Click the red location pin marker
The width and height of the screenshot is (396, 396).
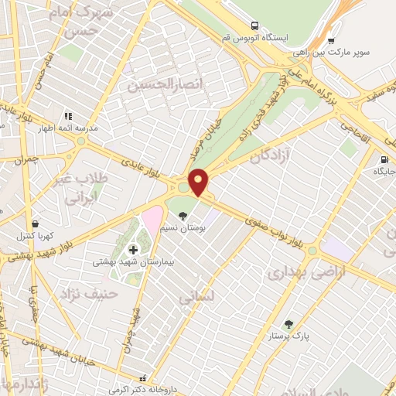199,182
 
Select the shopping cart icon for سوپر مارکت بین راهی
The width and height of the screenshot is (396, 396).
331,41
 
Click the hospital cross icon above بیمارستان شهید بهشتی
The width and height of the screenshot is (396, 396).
133,249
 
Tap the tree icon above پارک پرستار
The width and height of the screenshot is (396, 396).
289,324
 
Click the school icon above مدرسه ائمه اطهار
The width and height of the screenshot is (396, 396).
67,116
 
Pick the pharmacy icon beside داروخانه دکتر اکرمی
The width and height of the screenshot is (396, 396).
142,379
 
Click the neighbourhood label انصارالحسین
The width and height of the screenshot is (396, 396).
160,84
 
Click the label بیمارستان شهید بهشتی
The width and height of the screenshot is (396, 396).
123,262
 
